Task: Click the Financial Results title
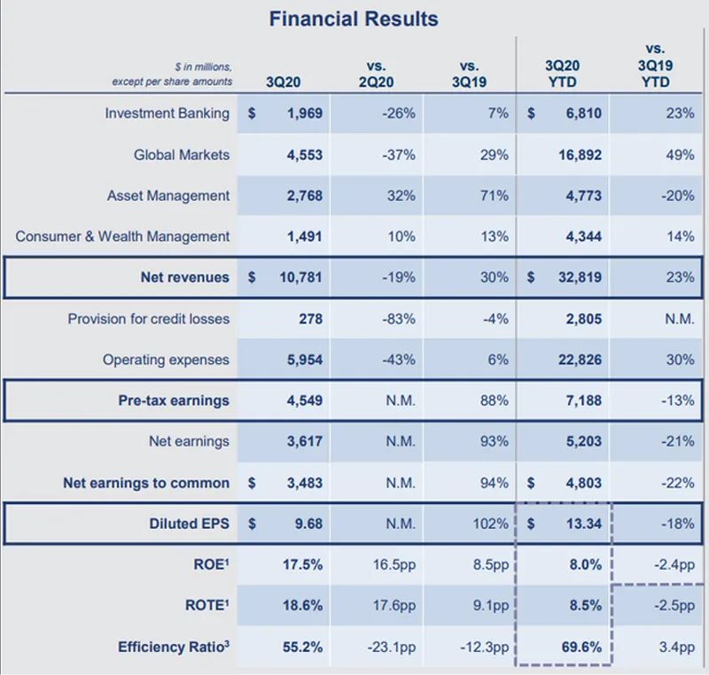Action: pos(354,19)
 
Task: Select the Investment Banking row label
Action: pos(167,113)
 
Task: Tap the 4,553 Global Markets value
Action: pos(300,155)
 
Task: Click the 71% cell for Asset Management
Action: pos(495,196)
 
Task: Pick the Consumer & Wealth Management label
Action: pos(122,237)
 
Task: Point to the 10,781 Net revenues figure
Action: pos(297,277)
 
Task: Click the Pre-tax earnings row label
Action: pos(174,400)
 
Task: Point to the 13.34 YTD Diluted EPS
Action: pos(580,524)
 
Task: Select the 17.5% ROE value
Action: pos(303,565)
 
